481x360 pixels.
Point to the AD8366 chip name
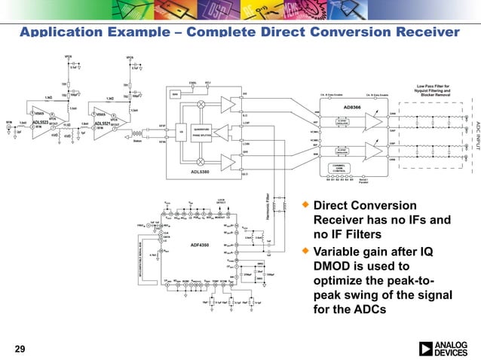(351, 107)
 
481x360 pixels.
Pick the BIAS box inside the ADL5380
(175, 95)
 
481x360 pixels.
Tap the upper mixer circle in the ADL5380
(201, 106)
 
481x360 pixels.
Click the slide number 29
(20, 348)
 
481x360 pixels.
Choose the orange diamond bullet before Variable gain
(305, 250)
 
